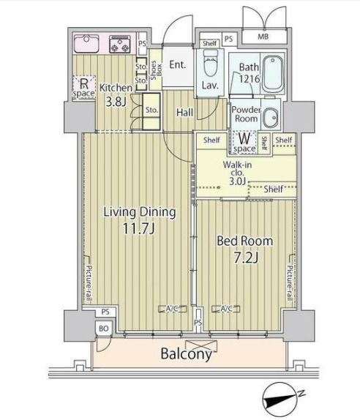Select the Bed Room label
tap(245, 241)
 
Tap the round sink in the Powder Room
tap(271, 116)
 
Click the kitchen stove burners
tap(119, 44)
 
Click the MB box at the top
tap(261, 37)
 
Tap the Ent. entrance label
tap(177, 64)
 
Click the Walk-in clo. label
tap(238, 170)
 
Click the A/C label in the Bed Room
tap(227, 308)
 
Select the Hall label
tap(184, 112)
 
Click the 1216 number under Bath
tap(249, 80)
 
